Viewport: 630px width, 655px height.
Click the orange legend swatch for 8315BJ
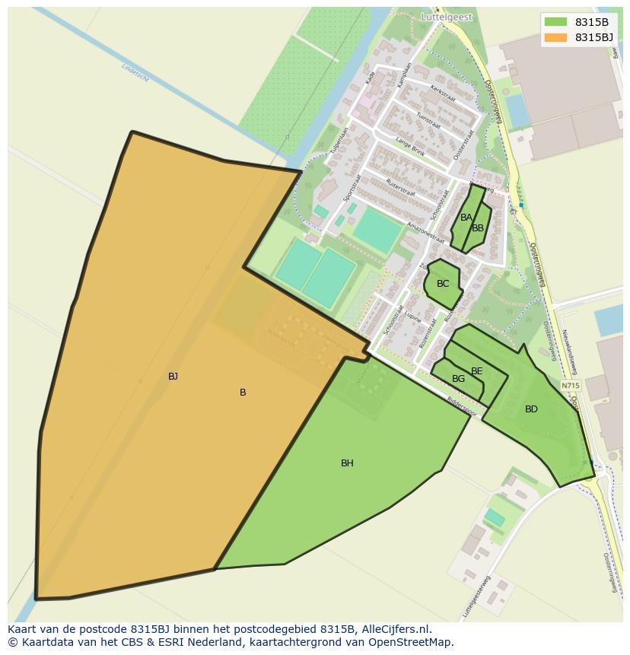pos(556,37)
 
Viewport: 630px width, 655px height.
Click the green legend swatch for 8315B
pos(556,22)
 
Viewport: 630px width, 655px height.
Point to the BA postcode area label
pos(466,218)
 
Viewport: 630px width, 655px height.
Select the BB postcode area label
pos(478,227)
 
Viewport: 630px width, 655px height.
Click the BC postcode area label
pos(443,284)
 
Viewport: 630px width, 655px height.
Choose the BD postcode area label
pos(531,409)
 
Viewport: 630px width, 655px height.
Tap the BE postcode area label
pos(477,371)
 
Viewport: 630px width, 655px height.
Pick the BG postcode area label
pos(458,379)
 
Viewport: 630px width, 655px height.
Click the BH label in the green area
pos(347,463)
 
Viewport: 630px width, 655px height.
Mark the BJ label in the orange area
pos(173,376)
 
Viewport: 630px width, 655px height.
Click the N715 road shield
pos(571,386)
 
